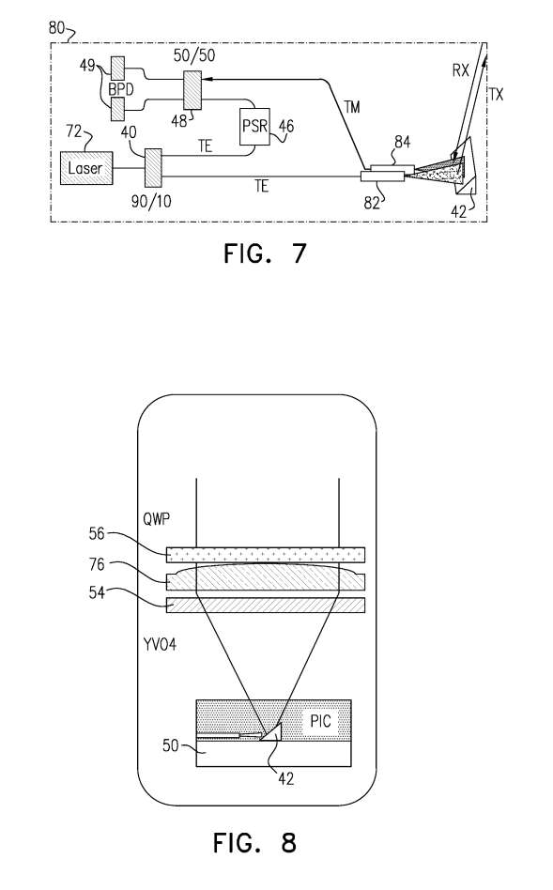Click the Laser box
(x=85, y=168)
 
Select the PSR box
(x=254, y=127)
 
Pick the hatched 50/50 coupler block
(x=193, y=89)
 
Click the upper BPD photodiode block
(x=117, y=69)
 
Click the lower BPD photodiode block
(x=117, y=108)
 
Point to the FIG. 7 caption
(x=265, y=253)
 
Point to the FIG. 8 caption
(x=255, y=842)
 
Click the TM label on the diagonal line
(x=352, y=107)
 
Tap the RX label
(x=460, y=70)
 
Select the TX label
(x=496, y=94)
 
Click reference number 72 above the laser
(x=74, y=131)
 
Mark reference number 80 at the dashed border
(x=56, y=27)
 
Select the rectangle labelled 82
(x=383, y=176)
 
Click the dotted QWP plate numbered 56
(x=266, y=554)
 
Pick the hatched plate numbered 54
(x=266, y=605)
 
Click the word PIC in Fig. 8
(x=321, y=721)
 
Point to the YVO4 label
(x=160, y=644)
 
